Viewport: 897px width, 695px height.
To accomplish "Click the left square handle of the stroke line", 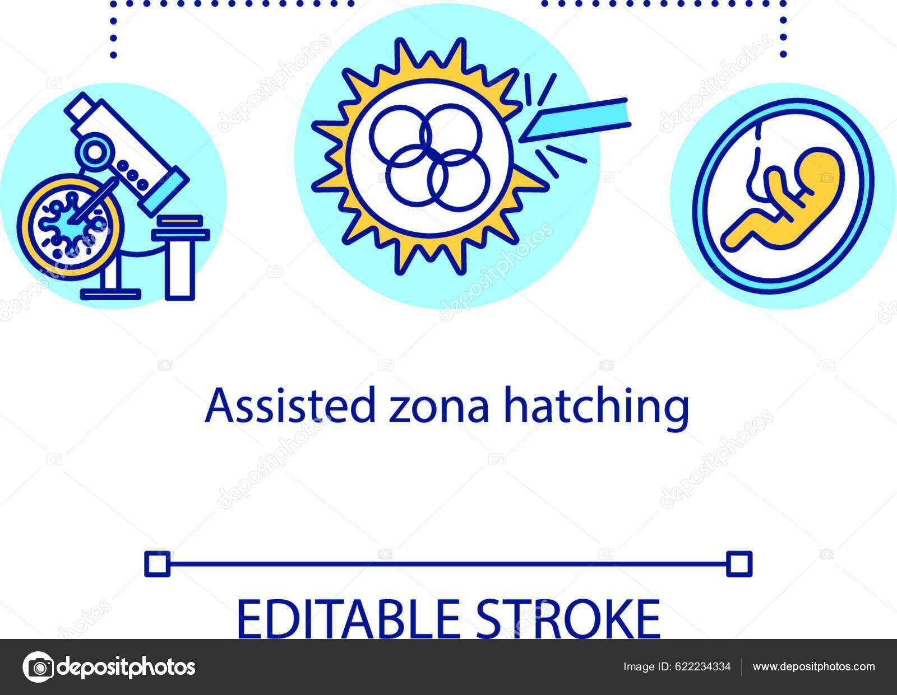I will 157,563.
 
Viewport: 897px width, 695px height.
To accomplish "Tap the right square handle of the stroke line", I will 739,563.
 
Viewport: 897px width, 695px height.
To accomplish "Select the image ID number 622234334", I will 705,666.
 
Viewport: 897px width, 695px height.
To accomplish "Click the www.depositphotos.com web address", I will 813,666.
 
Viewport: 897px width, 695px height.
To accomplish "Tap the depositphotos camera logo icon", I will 39,667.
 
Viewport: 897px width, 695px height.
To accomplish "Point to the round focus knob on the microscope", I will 95,151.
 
